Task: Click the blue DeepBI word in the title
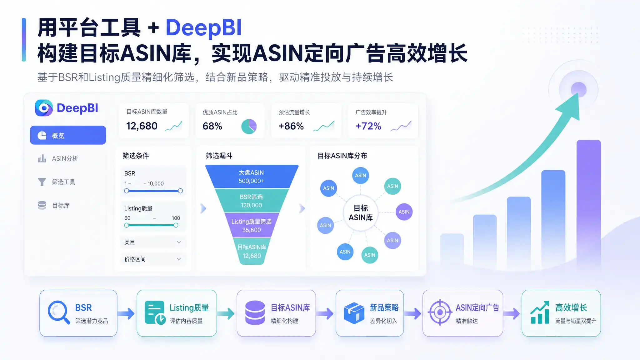coord(203,28)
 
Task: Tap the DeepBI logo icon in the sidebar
coord(44,108)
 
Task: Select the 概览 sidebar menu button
coord(68,135)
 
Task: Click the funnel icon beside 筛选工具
coord(42,182)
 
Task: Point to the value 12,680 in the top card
coord(142,126)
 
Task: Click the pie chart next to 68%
coord(249,126)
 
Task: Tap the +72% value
coord(368,126)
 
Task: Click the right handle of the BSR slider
coord(180,191)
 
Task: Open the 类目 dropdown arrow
coord(179,242)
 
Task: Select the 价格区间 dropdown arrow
coord(179,259)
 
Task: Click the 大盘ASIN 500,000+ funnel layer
coord(252,177)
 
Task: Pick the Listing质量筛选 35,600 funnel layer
coord(252,226)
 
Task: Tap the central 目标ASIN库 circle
coord(361,213)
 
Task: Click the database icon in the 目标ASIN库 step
coord(255,313)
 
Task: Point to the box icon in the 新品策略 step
coord(354,313)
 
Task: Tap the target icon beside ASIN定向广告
coord(440,312)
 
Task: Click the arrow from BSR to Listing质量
coord(126,313)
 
